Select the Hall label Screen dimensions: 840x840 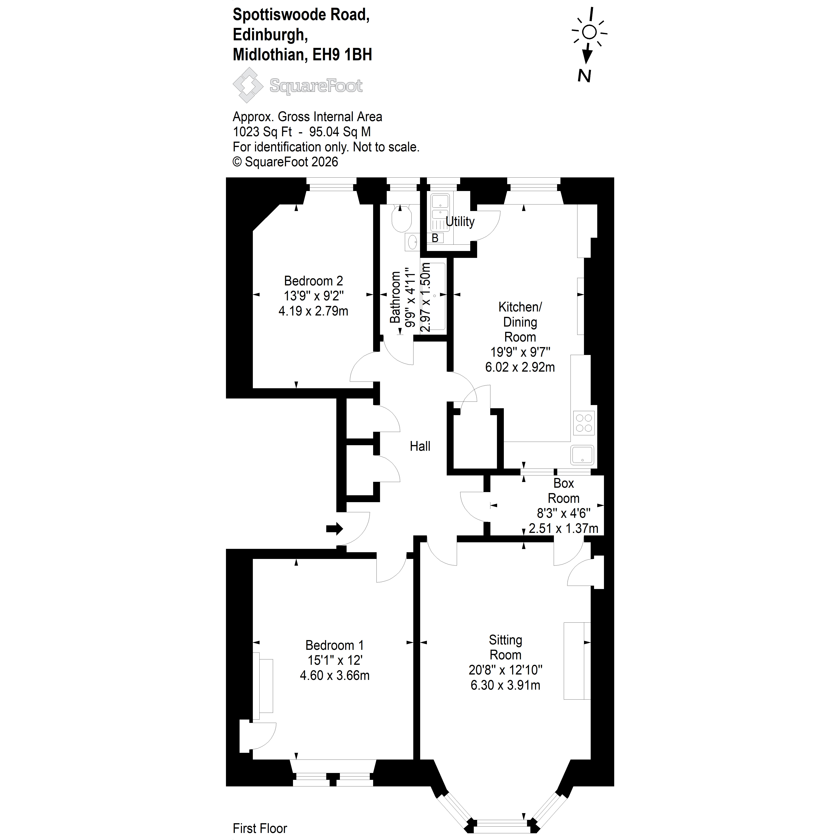pos(420,446)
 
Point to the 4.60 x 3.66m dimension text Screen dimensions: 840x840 pos(335,675)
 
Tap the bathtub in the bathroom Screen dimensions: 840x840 pos(433,296)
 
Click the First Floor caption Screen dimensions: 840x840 pos(260,828)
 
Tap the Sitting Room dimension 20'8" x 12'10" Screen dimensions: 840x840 pos(505,670)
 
